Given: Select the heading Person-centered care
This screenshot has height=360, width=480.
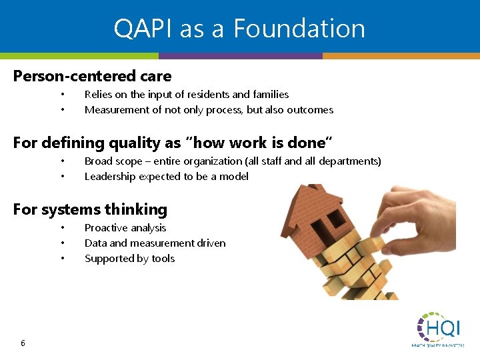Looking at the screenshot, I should point(92,76).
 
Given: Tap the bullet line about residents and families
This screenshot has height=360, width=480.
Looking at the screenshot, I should point(187,95).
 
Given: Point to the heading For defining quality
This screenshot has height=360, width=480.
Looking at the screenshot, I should point(173,143).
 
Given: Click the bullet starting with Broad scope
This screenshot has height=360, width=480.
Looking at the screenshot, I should point(233,161).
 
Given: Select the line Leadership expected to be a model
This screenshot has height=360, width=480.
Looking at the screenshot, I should point(167,177).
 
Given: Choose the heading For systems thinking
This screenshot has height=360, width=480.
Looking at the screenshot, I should point(90,209).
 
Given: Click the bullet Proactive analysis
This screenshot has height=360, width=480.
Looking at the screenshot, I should point(125,228).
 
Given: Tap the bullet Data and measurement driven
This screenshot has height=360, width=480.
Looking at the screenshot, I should point(155,243).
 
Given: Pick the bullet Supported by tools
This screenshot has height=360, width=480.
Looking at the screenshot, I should point(129,259).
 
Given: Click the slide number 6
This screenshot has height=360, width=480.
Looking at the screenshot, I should point(23,343).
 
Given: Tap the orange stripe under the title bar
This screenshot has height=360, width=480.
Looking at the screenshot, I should point(401,56).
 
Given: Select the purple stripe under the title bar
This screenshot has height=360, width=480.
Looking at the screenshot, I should point(240,56).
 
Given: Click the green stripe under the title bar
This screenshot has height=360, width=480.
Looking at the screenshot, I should point(79,56).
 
